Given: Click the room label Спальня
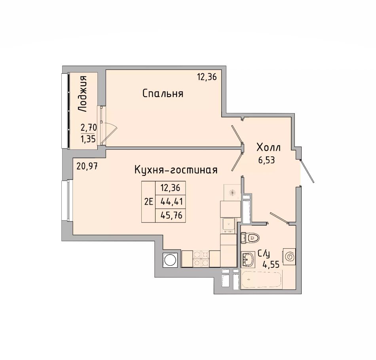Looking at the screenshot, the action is click(x=163, y=93).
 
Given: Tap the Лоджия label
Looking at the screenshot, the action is click(x=83, y=94).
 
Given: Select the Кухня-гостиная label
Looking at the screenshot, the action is click(x=176, y=170).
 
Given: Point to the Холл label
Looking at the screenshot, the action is click(x=268, y=147).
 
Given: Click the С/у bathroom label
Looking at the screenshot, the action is click(x=264, y=253).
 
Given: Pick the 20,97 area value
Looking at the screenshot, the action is click(x=87, y=166).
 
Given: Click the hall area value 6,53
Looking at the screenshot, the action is click(x=266, y=160).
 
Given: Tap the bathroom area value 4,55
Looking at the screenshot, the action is click(x=271, y=265).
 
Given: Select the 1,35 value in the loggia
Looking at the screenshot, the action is click(x=89, y=139).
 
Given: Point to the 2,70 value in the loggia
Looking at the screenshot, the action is click(x=89, y=128).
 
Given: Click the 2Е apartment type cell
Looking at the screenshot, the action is click(x=148, y=202).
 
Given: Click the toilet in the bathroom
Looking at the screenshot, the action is click(x=250, y=238).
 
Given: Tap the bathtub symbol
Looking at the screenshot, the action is click(x=262, y=280).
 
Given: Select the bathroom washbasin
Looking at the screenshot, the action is click(x=247, y=259).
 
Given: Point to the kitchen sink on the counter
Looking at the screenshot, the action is click(x=230, y=224).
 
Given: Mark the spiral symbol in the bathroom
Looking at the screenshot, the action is click(x=289, y=257).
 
